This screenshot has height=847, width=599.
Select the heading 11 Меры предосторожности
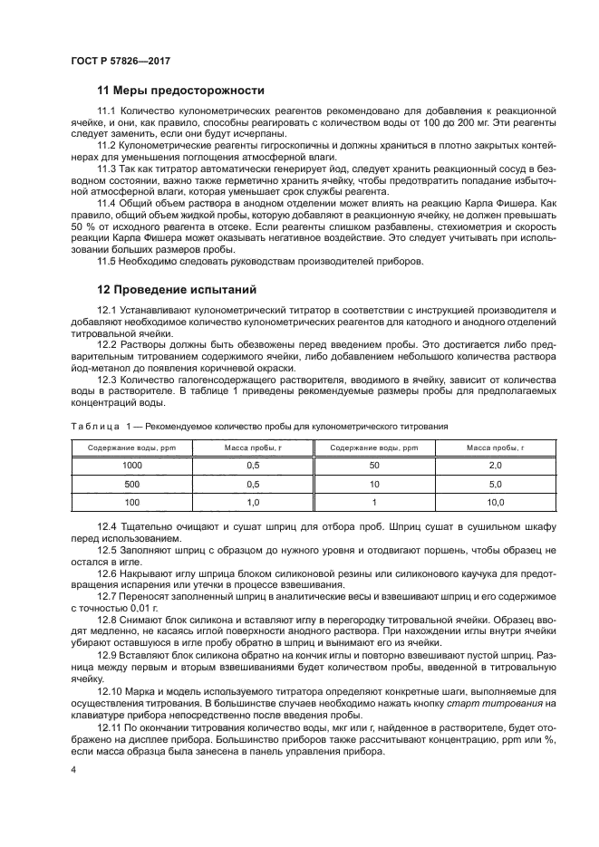(x=180, y=91)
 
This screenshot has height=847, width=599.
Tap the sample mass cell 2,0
(x=495, y=465)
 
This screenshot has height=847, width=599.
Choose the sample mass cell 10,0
(x=495, y=501)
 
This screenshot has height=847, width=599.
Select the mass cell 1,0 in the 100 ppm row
(x=253, y=501)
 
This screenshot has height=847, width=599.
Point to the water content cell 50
(x=373, y=465)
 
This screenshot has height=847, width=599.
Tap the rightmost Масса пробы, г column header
(x=495, y=448)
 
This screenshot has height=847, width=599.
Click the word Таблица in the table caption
(x=94, y=425)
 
